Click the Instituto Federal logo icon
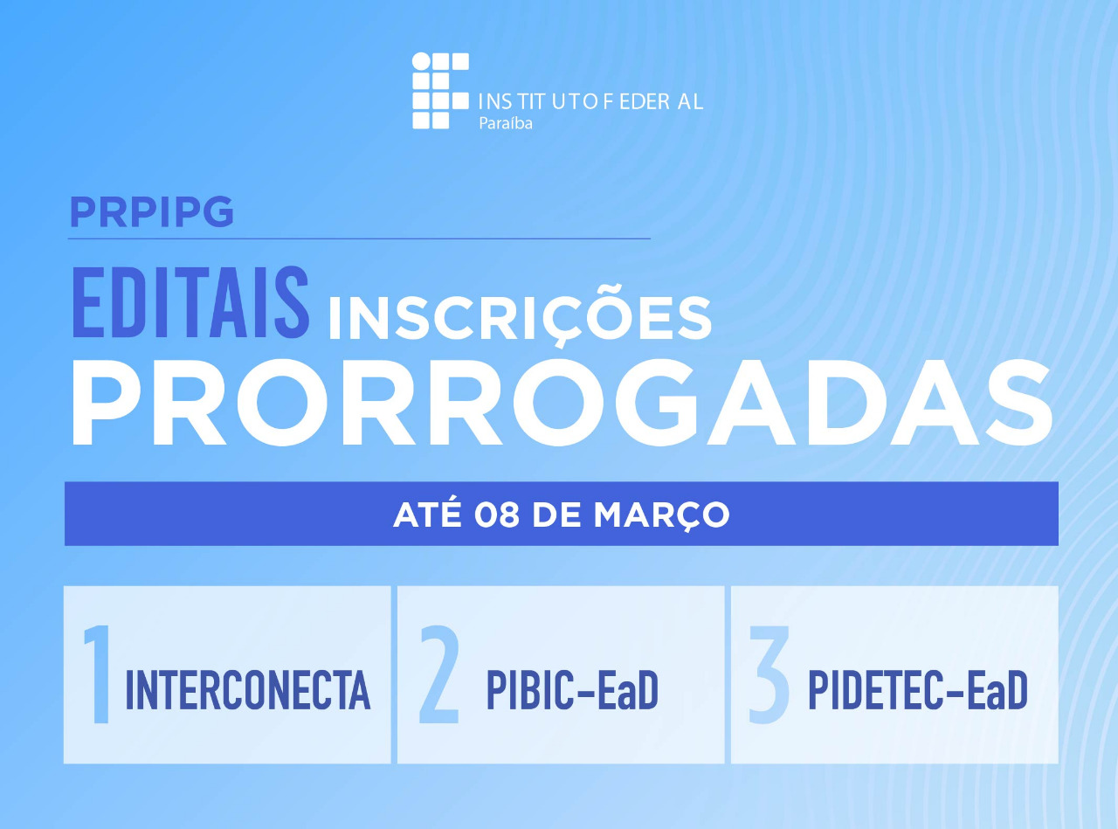pyautogui.click(x=441, y=91)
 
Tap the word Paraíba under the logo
pyautogui.click(x=506, y=123)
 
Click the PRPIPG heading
pyautogui.click(x=151, y=211)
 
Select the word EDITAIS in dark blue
pyautogui.click(x=190, y=304)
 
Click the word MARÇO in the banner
pyautogui.click(x=661, y=515)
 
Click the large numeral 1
pyautogui.click(x=98, y=674)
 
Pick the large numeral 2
pyautogui.click(x=439, y=674)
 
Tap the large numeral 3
pyautogui.click(x=769, y=674)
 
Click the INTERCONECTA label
pyautogui.click(x=248, y=690)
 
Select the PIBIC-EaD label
pyautogui.click(x=572, y=690)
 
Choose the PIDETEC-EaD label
pyautogui.click(x=917, y=690)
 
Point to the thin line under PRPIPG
pyautogui.click(x=359, y=238)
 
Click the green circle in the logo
pyautogui.click(x=421, y=61)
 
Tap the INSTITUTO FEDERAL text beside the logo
pyautogui.click(x=590, y=101)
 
